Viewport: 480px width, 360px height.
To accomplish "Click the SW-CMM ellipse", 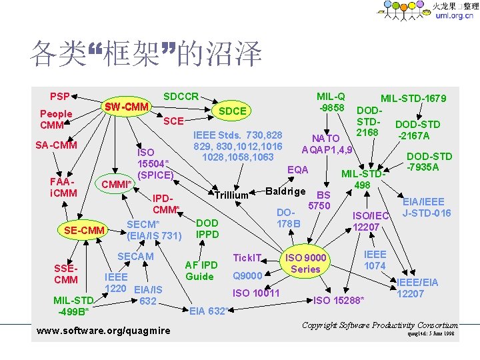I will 127,107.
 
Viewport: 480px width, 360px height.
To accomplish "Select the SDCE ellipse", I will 233,111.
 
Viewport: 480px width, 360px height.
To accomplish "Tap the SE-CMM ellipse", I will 85,231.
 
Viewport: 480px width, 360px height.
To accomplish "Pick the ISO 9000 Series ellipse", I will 305,263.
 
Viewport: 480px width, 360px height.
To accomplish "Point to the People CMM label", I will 56,119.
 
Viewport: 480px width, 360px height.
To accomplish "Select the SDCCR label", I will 181,96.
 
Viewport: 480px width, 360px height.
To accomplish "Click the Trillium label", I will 231,195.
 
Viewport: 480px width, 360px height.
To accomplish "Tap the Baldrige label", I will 285,192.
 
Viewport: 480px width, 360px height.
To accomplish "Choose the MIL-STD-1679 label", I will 413,99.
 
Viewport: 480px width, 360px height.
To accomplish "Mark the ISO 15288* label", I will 339,301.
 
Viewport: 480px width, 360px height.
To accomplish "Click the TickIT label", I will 246,257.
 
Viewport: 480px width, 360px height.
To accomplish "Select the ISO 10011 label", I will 256,293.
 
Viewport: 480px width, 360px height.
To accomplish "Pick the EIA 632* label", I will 209,310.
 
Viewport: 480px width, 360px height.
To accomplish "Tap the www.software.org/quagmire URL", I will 103,331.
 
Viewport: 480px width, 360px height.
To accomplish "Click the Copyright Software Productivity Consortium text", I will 380,325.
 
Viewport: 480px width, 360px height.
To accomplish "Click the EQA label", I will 297,170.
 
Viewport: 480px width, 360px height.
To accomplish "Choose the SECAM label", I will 135,257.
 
